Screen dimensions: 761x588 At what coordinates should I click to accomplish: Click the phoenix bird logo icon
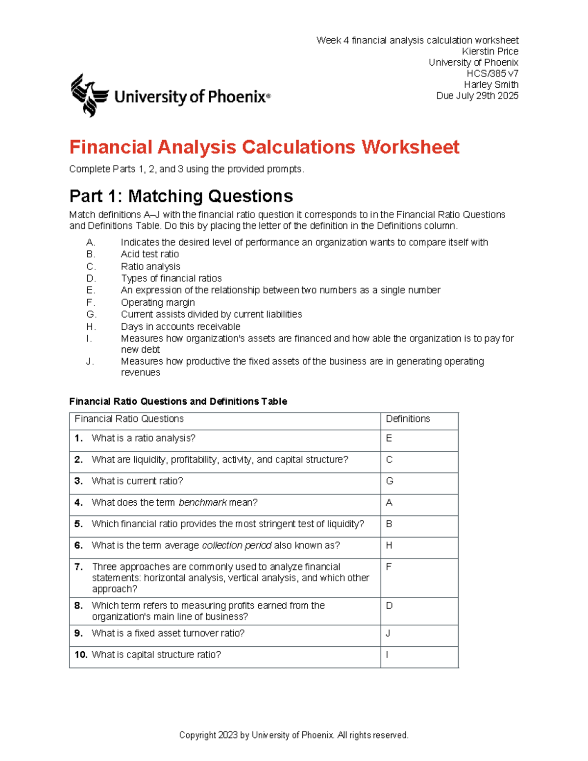click(89, 95)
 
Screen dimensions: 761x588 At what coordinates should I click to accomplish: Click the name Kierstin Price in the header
click(490, 51)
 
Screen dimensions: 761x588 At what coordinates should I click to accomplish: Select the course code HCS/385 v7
click(492, 74)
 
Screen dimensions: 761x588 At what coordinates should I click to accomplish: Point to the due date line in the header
click(477, 96)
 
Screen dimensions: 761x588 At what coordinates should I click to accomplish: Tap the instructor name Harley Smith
click(491, 85)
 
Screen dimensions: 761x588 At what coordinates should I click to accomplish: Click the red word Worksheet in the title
click(410, 147)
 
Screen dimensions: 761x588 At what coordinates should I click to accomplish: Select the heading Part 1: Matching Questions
click(181, 196)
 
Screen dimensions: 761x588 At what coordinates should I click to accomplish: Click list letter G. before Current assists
click(91, 314)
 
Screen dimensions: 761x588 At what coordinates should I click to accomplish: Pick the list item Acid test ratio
click(150, 254)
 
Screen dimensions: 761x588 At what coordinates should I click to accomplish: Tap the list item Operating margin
click(158, 302)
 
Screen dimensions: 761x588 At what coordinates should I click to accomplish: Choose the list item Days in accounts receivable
click(181, 326)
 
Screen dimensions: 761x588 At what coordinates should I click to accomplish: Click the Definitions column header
click(408, 419)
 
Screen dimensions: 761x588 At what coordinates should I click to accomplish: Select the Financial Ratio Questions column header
click(129, 419)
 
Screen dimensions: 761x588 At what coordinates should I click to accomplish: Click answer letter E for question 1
click(389, 438)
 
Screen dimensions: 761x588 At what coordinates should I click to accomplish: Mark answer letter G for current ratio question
click(390, 481)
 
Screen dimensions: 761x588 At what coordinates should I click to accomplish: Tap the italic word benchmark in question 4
click(202, 503)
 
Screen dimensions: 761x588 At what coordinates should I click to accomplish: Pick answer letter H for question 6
click(389, 545)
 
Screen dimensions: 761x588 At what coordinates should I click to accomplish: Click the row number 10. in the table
click(81, 655)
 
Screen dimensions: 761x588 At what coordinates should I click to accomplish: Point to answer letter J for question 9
click(388, 633)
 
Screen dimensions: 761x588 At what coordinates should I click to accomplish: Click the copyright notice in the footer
click(294, 735)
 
